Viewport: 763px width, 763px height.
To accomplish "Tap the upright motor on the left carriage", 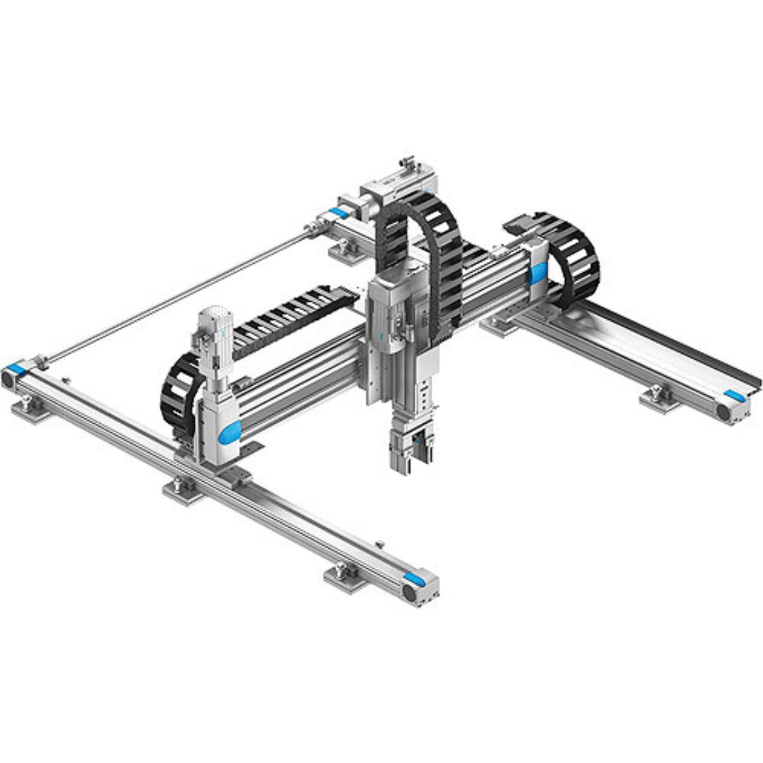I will (212, 339).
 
